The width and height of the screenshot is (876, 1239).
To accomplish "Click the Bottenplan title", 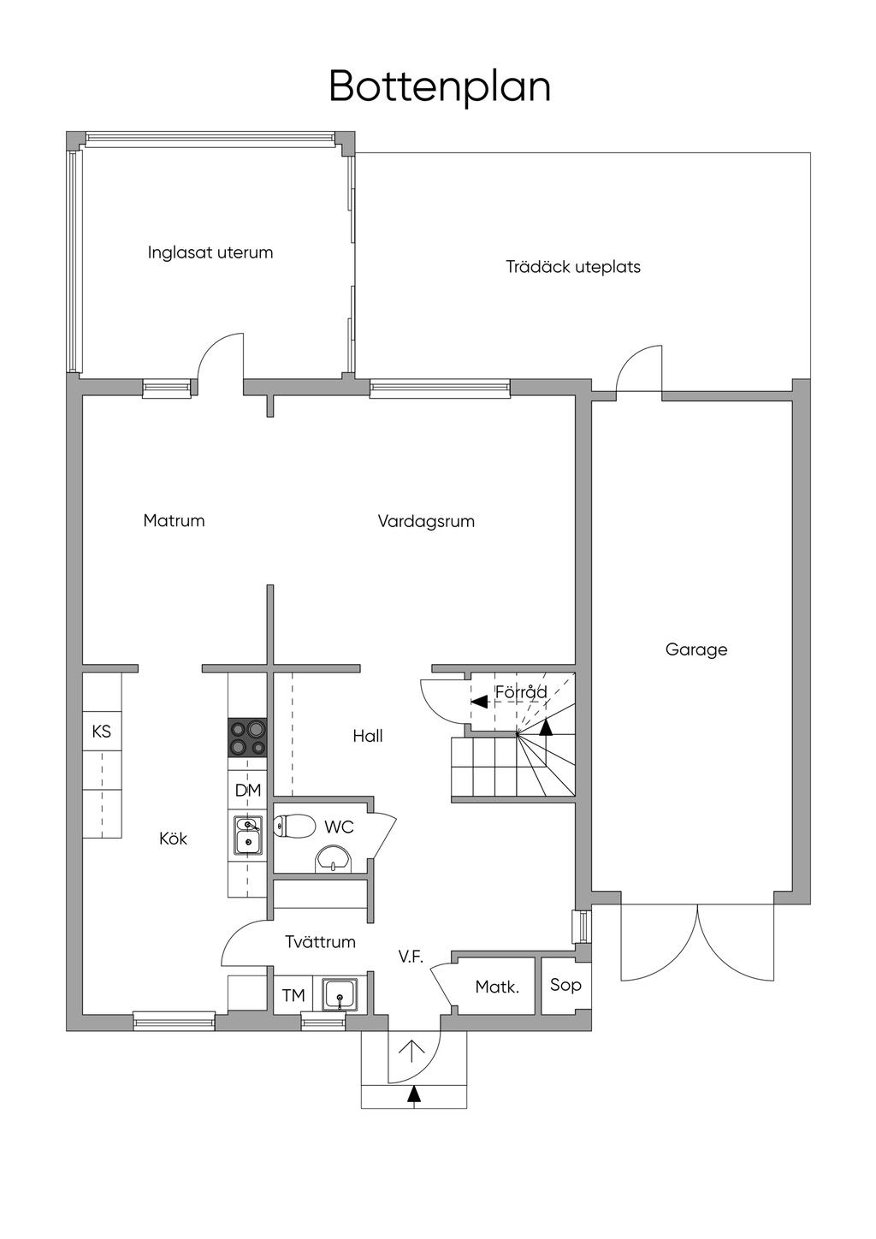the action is [x=440, y=88].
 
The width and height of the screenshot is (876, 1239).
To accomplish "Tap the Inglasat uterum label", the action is [x=210, y=252].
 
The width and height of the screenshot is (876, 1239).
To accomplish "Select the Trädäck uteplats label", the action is [x=573, y=267].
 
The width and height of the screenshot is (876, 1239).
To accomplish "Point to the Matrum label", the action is [x=174, y=520].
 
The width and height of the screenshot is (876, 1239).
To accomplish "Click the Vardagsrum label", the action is [x=426, y=521].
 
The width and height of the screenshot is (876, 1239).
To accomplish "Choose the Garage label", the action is [x=696, y=649].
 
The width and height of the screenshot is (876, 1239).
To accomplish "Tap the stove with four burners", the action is [x=247, y=738].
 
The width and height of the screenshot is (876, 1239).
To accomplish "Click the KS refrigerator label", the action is [x=102, y=732].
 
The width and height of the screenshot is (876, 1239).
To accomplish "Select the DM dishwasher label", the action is [x=248, y=790].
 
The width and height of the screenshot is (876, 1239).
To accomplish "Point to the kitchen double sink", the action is [x=247, y=836].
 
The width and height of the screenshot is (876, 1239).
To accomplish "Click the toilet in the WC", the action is [x=295, y=827].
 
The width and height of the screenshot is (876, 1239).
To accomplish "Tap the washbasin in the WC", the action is [x=334, y=859].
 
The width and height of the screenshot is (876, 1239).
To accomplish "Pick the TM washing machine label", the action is [x=293, y=996].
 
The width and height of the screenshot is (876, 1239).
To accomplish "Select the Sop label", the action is [x=565, y=985].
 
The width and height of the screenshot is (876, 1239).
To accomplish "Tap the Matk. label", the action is [x=497, y=987].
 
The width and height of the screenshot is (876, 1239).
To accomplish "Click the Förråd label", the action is [x=521, y=691].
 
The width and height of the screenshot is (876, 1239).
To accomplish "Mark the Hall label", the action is [x=368, y=736].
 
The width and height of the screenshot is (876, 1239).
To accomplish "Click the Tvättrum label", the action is [x=320, y=941].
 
